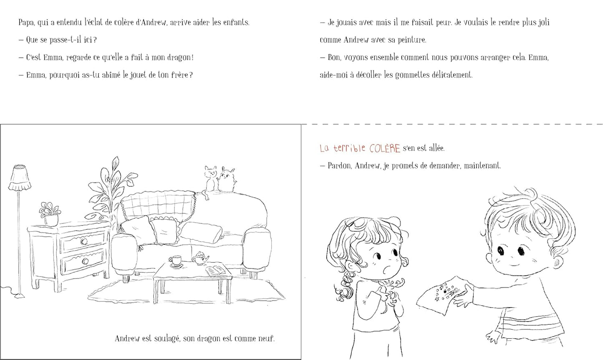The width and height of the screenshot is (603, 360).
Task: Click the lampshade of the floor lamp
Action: click(19, 178)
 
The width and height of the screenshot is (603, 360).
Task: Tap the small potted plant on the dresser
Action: click(50, 214)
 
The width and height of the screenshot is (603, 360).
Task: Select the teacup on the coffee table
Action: click(176, 261)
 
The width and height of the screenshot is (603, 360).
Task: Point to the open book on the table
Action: click(215, 270)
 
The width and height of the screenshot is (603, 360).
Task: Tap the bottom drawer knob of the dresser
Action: click(85, 261)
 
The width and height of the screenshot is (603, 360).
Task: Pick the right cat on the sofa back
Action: click(227, 179)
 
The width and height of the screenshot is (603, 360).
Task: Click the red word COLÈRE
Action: click(385, 149)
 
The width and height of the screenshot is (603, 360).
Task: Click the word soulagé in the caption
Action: click(167, 339)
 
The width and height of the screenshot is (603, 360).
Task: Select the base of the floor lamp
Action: click(19, 296)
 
